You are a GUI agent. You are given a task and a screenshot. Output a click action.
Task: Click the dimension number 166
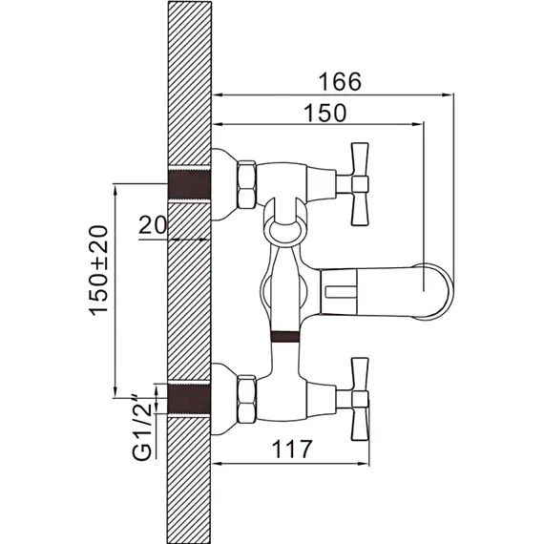click(x=340, y=82)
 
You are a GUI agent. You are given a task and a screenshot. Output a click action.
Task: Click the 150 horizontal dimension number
click(x=325, y=113)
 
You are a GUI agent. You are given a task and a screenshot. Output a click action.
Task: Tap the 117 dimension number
click(x=292, y=449)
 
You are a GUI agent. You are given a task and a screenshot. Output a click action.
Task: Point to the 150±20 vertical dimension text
click(x=99, y=271)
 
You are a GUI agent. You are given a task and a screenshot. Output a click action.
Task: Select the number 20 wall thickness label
click(x=153, y=225)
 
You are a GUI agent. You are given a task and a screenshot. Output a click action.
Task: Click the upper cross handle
click(x=360, y=184)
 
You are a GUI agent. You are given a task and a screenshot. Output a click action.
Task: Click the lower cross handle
click(x=360, y=399)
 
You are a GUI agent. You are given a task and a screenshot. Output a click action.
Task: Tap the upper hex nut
click(x=246, y=185)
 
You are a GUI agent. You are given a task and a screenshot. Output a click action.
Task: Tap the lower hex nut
click(x=246, y=399)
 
